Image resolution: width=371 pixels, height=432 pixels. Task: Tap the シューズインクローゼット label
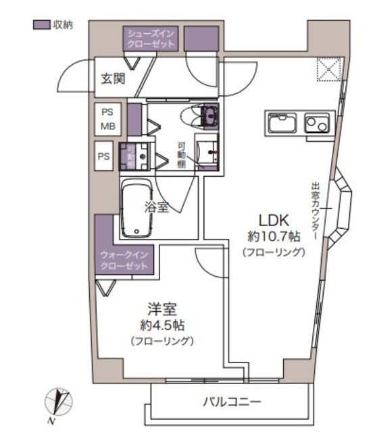(151, 38)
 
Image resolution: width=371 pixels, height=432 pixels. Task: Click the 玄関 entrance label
(113, 78)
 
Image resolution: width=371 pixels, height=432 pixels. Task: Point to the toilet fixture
(203, 116)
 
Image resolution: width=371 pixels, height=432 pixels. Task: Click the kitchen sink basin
(280, 124)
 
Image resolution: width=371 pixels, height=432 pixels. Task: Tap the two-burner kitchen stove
(314, 124)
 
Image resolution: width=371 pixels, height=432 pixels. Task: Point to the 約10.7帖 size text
(274, 236)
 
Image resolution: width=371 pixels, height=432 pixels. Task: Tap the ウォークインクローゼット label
(123, 261)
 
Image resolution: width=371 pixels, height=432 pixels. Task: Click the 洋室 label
(162, 310)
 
